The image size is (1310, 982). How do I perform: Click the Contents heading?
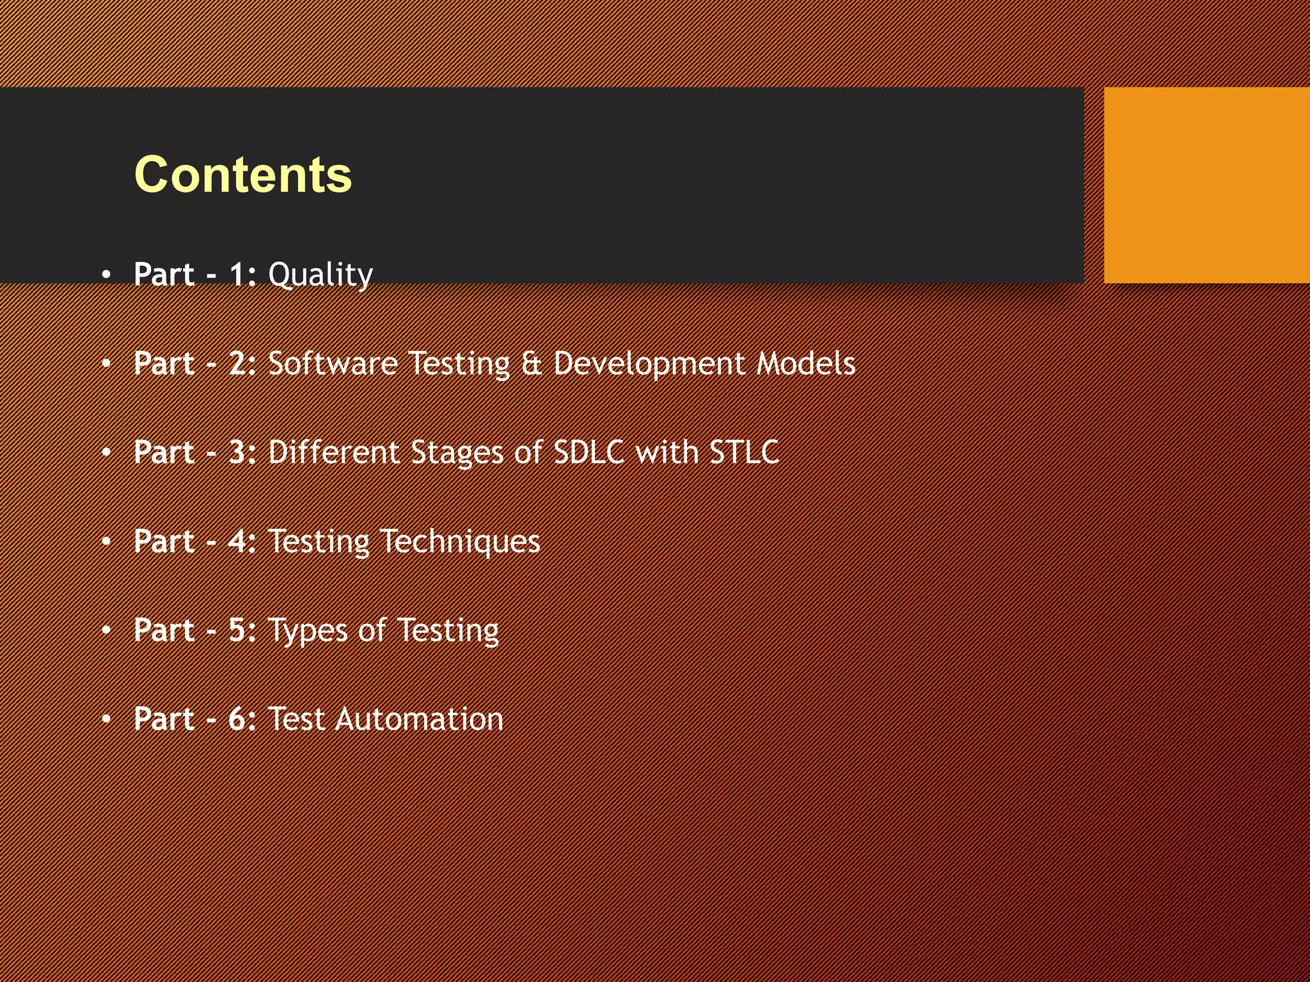(243, 175)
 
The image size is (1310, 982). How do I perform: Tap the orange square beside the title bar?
(1206, 185)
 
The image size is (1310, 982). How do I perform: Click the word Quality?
(320, 275)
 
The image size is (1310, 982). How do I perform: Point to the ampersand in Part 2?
(532, 363)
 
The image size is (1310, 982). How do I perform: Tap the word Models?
(806, 363)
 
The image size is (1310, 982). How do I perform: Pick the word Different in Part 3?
(333, 452)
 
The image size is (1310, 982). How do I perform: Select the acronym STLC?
(744, 452)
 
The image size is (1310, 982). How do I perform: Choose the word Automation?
(419, 719)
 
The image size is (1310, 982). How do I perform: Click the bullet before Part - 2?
(106, 364)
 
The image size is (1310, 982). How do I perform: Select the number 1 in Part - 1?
(238, 274)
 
